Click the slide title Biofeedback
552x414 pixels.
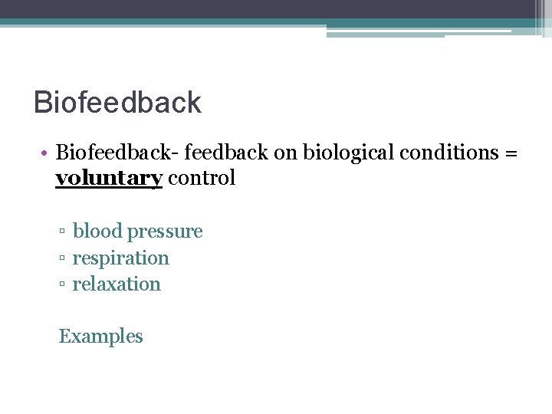(x=117, y=102)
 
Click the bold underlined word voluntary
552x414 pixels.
(x=109, y=179)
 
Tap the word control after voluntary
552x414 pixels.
(x=202, y=179)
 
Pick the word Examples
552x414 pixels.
(x=101, y=337)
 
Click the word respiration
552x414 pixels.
(x=120, y=258)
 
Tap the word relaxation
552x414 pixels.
(x=117, y=284)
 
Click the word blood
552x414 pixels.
(x=97, y=232)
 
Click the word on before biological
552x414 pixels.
(x=285, y=153)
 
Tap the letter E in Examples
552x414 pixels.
(x=64, y=337)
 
